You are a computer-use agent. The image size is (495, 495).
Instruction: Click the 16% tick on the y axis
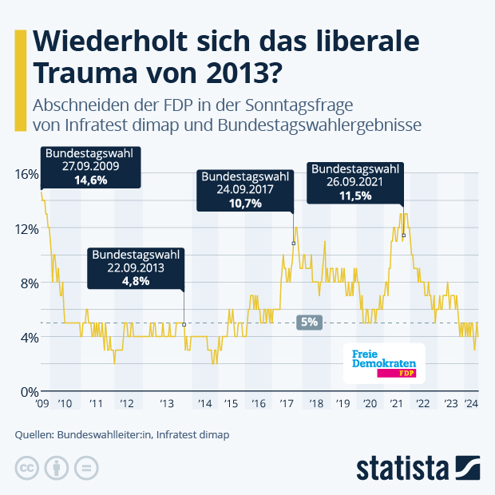26,174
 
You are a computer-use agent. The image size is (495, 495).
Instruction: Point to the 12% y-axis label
26,228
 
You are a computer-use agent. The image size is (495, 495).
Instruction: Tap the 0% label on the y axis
29,391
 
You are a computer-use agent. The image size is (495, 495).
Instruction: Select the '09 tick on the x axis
42,405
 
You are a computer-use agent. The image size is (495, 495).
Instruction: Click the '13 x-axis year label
167,405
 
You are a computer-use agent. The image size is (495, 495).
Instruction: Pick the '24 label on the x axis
471,405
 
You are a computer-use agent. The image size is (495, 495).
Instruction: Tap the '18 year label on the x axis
315,405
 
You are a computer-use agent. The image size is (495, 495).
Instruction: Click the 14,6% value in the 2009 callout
90,181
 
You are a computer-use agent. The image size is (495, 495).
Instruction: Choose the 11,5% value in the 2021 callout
354,196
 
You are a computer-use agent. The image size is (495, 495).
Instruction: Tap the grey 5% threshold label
309,323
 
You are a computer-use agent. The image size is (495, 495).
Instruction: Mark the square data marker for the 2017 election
293,244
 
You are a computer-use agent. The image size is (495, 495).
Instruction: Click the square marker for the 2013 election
184,324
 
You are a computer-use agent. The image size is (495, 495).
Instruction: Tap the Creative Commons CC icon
27,467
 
